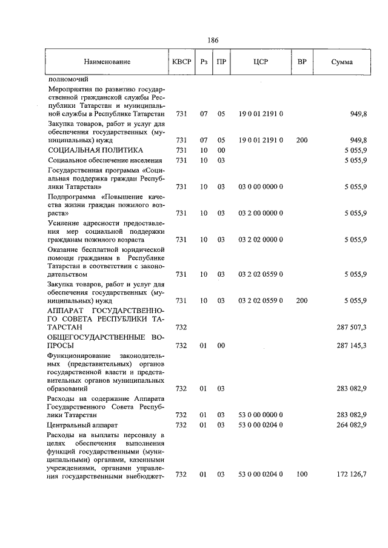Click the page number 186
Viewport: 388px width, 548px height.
tap(212, 40)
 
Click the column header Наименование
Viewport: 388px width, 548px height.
tap(107, 62)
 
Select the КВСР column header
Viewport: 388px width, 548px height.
tap(181, 62)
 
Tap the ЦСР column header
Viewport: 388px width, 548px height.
tap(261, 62)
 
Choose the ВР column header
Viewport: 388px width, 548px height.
tap(302, 62)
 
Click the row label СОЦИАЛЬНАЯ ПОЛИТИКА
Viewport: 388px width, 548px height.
tap(95, 150)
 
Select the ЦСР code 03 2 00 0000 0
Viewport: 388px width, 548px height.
tap(261, 213)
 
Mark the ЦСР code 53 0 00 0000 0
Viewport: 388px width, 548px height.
tap(261, 415)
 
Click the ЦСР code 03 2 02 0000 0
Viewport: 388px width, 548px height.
tap(261, 240)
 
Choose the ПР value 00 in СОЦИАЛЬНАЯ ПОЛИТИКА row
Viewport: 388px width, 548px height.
tap(221, 150)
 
